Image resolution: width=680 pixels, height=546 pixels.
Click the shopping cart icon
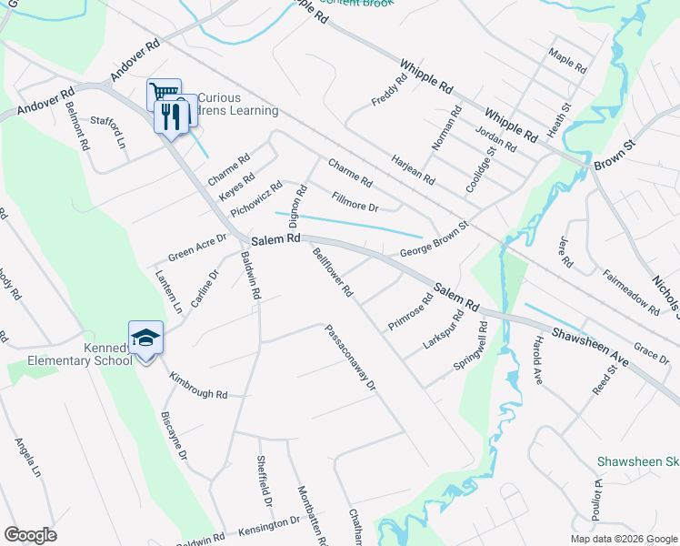click(164, 92)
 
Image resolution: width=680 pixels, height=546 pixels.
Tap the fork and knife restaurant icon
click(170, 116)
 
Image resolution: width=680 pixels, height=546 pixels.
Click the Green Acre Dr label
click(196, 250)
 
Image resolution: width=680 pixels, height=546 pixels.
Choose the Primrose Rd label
click(410, 312)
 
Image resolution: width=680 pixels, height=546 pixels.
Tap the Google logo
click(30, 535)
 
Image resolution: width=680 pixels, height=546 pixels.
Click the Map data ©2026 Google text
click(623, 539)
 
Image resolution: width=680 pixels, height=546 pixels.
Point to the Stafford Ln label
click(107, 131)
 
